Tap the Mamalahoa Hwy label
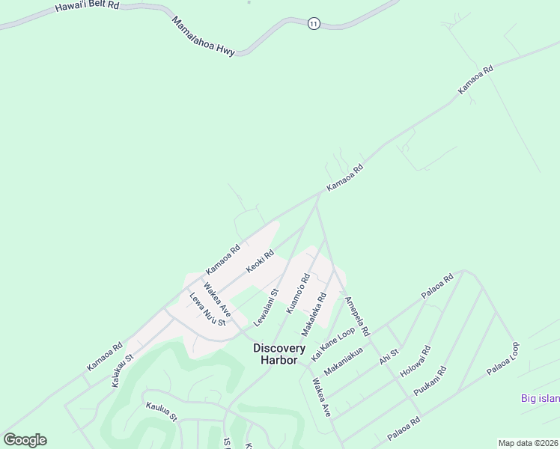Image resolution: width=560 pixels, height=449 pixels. (203, 36)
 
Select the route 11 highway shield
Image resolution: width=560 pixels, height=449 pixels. (313, 24)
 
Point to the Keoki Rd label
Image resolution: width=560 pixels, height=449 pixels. (261, 261)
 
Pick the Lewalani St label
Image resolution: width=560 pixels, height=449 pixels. (266, 307)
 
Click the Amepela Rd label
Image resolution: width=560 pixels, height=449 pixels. (357, 317)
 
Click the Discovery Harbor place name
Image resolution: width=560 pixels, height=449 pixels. (279, 354)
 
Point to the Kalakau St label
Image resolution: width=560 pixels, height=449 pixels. (122, 370)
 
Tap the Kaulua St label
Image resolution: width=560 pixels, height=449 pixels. (162, 411)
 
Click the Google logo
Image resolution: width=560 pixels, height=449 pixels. (25, 439)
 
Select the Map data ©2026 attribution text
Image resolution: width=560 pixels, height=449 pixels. (528, 443)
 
